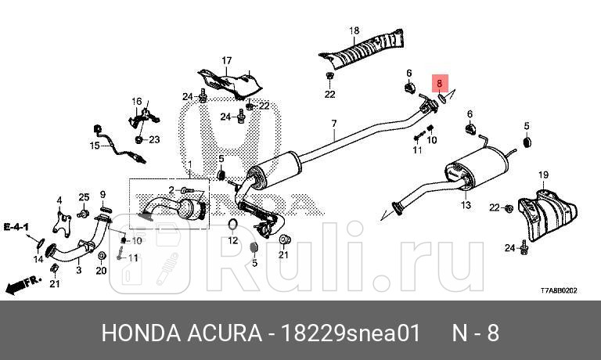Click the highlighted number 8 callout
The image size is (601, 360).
tap(440, 81)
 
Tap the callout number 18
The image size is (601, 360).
tap(354, 31)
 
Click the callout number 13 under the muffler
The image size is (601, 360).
tap(466, 206)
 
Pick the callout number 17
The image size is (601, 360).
tap(227, 60)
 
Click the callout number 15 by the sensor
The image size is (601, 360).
tap(94, 146)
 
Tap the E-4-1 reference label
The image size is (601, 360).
tap(16, 227)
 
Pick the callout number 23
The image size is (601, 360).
tap(153, 139)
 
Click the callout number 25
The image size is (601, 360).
tap(84, 196)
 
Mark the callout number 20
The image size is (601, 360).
tap(101, 271)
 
